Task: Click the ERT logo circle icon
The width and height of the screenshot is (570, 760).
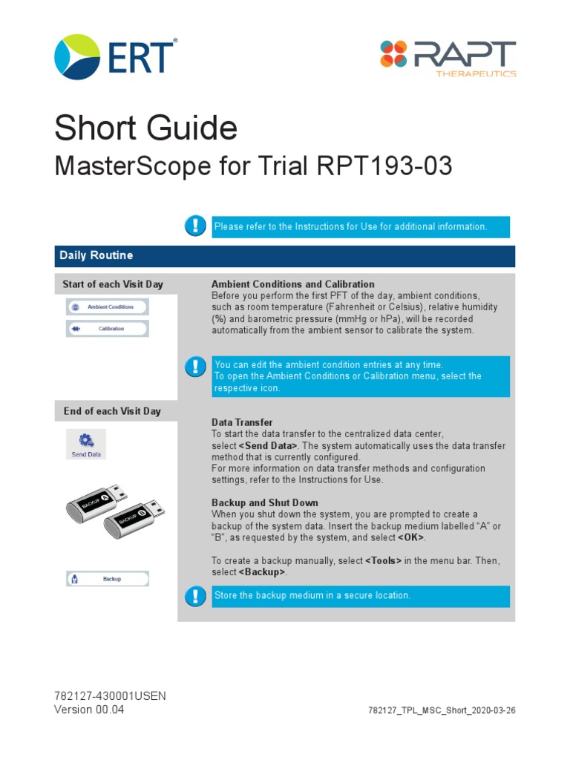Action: point(78,56)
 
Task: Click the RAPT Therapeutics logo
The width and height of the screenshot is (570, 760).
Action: point(448,57)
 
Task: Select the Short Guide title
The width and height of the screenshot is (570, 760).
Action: point(145,129)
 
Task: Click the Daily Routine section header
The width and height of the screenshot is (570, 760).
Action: point(96,255)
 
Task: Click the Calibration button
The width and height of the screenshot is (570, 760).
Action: point(108,329)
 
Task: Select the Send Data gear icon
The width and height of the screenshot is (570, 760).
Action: point(86,440)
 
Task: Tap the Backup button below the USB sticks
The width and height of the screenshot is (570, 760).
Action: point(108,579)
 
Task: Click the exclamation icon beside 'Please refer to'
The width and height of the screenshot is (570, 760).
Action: point(195,226)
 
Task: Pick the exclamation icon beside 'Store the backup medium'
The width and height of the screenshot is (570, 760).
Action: point(195,595)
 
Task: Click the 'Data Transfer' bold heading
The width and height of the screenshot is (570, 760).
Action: point(242,422)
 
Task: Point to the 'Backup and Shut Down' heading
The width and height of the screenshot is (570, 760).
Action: point(264,502)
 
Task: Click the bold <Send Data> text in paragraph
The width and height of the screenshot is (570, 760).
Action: point(269,445)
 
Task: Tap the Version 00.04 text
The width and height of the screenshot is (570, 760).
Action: point(89,710)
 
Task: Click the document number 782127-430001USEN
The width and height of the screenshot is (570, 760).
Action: point(110,696)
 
